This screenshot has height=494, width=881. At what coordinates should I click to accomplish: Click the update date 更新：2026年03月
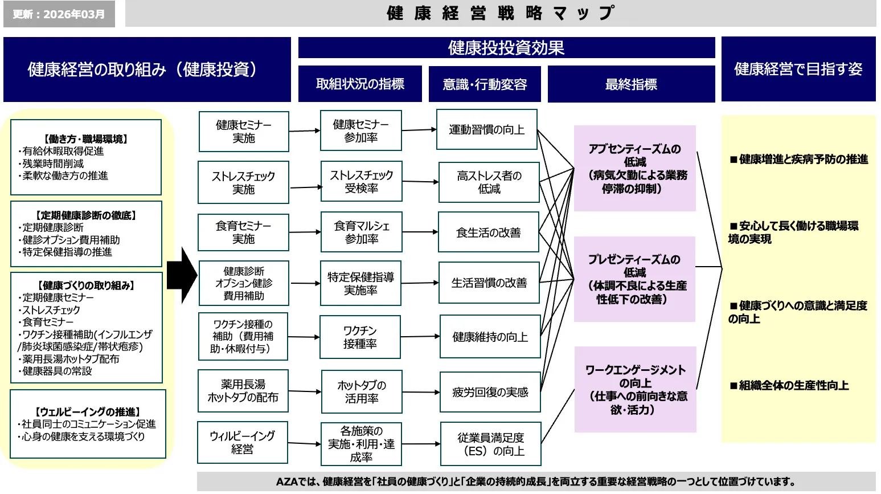59,14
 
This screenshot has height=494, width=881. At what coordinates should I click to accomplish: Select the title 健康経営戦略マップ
500,13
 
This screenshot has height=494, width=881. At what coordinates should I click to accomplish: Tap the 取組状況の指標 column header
360,84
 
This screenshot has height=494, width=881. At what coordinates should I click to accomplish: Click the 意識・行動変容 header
485,84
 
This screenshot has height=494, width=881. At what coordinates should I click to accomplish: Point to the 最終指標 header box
631,84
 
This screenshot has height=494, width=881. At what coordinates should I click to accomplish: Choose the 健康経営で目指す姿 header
798,69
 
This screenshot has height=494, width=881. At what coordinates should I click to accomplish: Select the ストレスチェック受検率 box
361,182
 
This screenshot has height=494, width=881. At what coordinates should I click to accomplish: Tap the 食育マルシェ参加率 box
361,232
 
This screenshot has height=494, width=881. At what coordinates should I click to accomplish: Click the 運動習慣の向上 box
486,130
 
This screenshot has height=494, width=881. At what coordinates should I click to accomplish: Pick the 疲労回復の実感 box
490,392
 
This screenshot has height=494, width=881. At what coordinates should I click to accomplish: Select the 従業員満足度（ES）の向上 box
490,444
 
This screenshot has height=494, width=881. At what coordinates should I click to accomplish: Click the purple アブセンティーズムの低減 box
634,169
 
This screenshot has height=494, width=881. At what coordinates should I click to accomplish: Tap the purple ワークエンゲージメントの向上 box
635,390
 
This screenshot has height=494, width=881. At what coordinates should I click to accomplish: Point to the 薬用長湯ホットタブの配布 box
243,391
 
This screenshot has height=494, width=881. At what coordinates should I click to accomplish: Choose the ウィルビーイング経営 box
242,443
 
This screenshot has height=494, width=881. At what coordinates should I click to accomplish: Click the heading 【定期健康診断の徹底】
86,215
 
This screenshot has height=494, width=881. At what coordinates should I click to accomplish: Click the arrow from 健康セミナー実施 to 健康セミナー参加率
304,131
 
